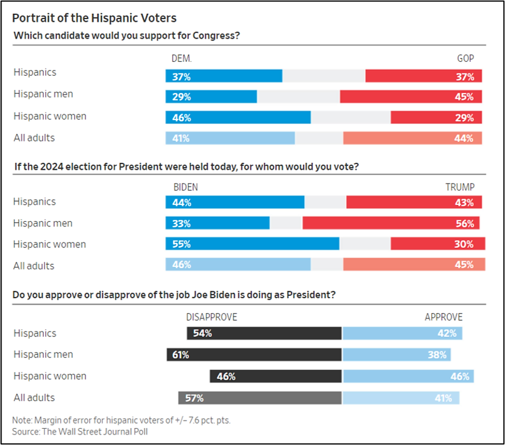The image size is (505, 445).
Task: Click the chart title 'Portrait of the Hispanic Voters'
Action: (x=94, y=18)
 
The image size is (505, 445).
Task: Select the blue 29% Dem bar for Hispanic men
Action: (x=211, y=97)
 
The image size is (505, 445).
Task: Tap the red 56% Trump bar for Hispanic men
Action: (x=391, y=223)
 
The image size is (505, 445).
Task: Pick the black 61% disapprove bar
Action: (x=254, y=355)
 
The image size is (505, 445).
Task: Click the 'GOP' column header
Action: (x=465, y=58)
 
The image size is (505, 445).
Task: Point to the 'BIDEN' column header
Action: (x=185, y=187)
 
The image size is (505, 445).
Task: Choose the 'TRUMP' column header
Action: (x=460, y=187)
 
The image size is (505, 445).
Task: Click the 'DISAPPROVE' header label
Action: (x=211, y=317)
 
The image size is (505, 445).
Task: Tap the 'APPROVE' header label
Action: (x=444, y=317)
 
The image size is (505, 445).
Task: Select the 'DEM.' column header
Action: (x=181, y=58)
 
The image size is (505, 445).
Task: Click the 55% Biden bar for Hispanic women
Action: (x=252, y=244)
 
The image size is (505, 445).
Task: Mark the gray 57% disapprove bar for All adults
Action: (x=260, y=398)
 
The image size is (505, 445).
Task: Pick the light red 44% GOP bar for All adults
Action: (x=412, y=138)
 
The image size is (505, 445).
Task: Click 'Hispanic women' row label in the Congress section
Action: (x=50, y=116)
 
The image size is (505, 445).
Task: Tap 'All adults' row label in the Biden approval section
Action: (x=34, y=398)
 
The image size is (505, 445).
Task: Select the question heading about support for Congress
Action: (x=127, y=36)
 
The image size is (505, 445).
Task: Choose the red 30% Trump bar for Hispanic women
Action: (x=437, y=244)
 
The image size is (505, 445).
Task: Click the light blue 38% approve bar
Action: (x=396, y=355)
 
